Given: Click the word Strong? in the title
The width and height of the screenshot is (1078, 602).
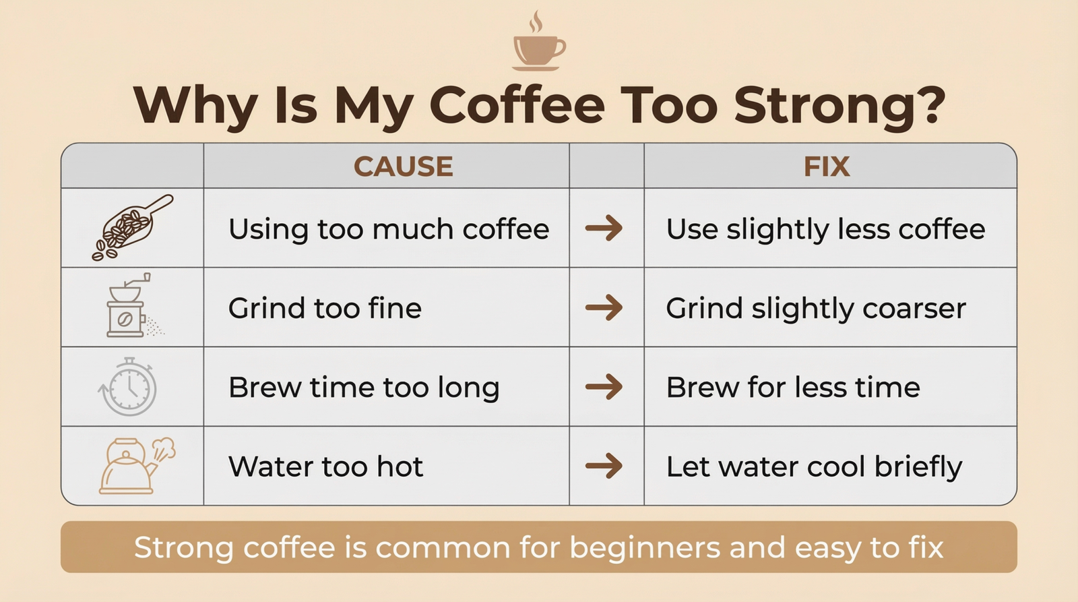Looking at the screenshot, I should coord(839,106).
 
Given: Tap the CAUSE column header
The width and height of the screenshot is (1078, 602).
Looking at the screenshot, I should coord(403,167).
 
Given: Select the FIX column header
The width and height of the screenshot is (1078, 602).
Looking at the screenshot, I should coord(826,167).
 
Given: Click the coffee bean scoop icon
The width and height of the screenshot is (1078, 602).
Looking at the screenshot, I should coord(132,228).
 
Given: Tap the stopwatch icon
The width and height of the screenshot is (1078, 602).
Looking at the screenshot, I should coord(129,387).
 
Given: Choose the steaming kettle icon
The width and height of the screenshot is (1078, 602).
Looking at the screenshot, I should coord(135,466).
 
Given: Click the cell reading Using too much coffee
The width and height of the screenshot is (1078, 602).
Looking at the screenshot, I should coord(389,229).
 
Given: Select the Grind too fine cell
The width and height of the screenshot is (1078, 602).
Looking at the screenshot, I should coord(325,308).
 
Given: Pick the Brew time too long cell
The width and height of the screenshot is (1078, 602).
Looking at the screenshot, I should coord(364,388).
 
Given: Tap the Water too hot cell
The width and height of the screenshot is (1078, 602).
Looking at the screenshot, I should coord(325,466).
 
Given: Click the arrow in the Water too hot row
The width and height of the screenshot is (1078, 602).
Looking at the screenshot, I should coord(604,466).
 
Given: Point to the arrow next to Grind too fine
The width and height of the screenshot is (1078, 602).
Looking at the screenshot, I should coord(604,307).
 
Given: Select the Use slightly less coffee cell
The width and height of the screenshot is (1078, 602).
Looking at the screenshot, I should coord(825,229).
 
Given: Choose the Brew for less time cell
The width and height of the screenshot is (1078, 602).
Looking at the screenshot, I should coord(792,388).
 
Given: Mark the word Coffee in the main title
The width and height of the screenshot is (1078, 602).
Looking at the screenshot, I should coord(517,106).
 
